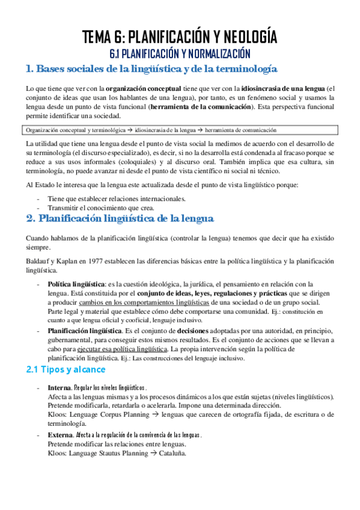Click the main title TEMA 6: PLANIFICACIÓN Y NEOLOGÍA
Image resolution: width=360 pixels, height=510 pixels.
pyautogui.click(x=180, y=37)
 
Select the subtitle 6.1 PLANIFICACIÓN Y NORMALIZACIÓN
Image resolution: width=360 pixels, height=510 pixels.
pyautogui.click(x=180, y=54)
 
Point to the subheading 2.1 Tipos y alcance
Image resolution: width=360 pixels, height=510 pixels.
pyautogui.click(x=66, y=369)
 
